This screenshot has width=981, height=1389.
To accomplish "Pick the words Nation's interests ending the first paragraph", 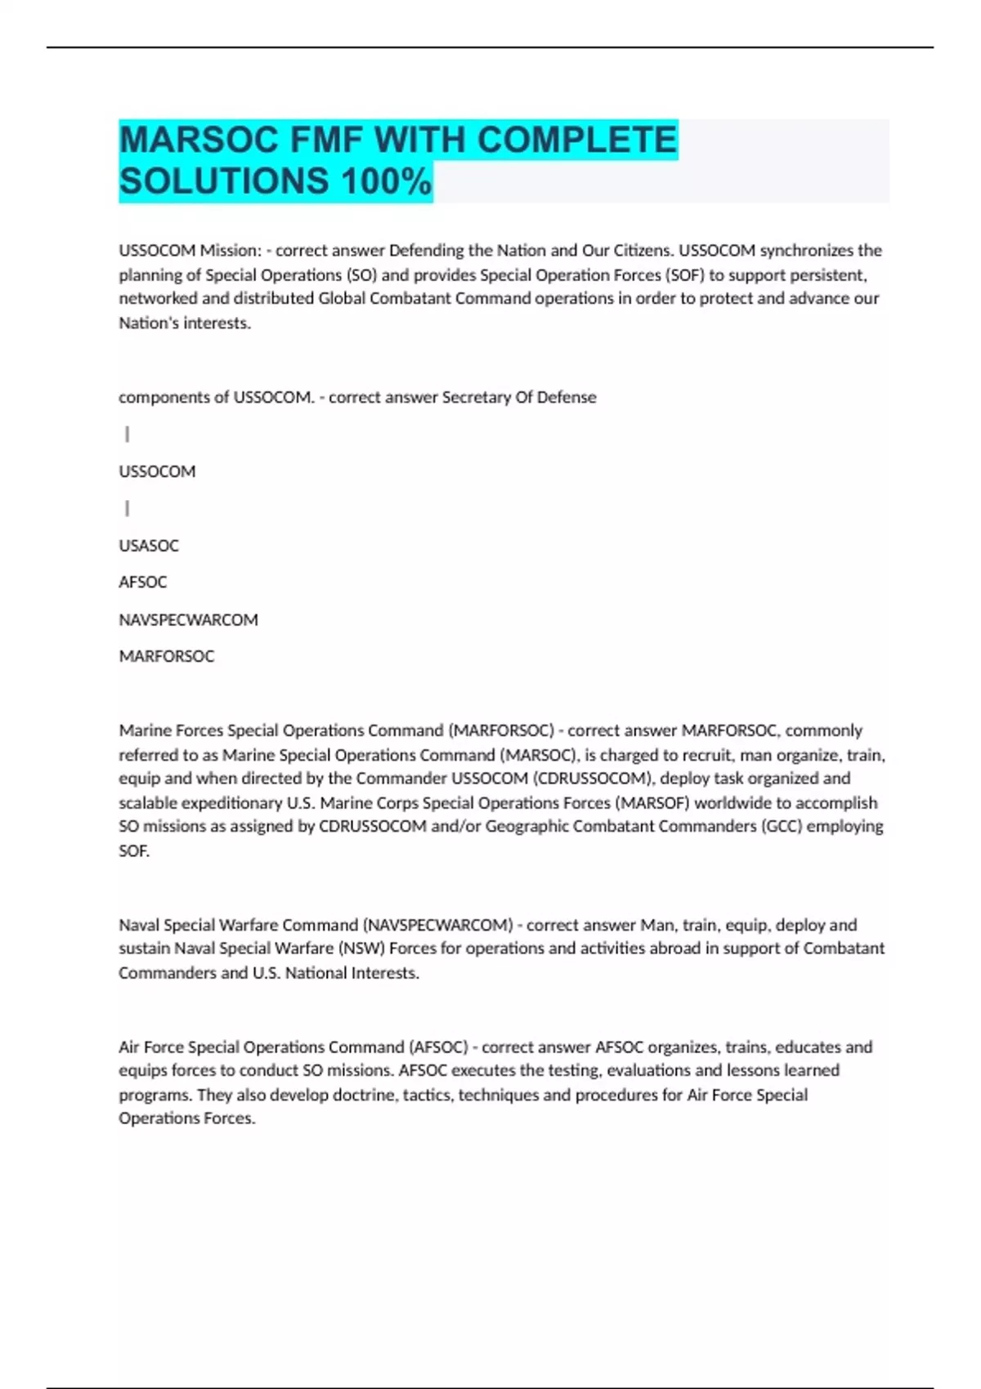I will pos(185,323).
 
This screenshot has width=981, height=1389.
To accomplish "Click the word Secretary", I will pos(476,397).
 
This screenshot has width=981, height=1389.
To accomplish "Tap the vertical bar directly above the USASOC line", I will pos(127,508).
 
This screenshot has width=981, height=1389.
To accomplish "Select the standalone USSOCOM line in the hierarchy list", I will pos(157,471).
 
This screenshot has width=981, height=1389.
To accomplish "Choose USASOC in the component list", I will pos(149,545).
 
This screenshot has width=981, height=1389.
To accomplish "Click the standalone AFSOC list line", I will pos(143,582).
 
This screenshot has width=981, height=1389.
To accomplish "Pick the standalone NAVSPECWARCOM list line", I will pos(188,619).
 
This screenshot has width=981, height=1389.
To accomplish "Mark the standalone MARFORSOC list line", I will pos(167,656).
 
